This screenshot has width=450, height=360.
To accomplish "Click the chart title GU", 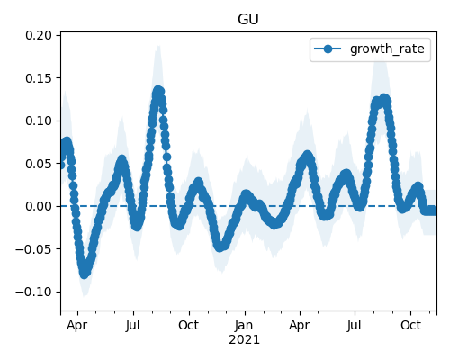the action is pyautogui.click(x=248, y=20).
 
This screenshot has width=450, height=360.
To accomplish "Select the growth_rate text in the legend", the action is pyautogui.click(x=387, y=49).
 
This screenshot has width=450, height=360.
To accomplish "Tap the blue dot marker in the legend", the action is pyautogui.click(x=328, y=49).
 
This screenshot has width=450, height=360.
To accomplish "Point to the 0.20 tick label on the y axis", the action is pyautogui.click(x=39, y=35).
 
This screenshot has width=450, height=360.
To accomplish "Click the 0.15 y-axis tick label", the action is pyautogui.click(x=39, y=78).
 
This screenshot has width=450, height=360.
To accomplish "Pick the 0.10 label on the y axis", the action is pyautogui.click(x=39, y=121).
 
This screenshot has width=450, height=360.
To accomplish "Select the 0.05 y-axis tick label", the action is pyautogui.click(x=39, y=164).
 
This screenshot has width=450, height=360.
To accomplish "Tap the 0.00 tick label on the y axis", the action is pyautogui.click(x=39, y=206).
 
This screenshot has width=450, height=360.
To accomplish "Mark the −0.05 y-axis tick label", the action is pyautogui.click(x=34, y=249).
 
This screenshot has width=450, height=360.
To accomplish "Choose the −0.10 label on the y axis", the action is pyautogui.click(x=34, y=292).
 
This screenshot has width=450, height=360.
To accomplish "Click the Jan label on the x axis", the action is pyautogui.click(x=244, y=325).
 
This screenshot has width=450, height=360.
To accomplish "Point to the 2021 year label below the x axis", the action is pyautogui.click(x=244, y=340).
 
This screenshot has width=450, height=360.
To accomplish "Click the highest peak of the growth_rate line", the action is pyautogui.click(x=158, y=90).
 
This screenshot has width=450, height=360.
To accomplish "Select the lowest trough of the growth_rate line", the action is pyautogui.click(x=85, y=274).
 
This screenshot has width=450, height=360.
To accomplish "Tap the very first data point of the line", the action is pyautogui.click(x=61, y=165).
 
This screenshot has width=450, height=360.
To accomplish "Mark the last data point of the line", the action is pyautogui.click(x=433, y=211).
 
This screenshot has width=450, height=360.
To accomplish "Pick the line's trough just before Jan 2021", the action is pyautogui.click(x=220, y=247).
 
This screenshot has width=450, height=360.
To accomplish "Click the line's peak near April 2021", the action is pyautogui.click(x=308, y=156).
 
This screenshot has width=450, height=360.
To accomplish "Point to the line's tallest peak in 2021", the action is pyautogui.click(x=384, y=98).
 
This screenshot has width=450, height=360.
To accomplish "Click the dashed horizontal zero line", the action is pyautogui.click(x=248, y=206).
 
